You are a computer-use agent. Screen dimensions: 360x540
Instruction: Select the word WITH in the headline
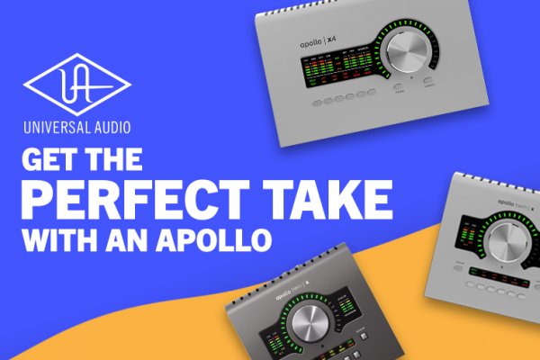[x=55, y=240]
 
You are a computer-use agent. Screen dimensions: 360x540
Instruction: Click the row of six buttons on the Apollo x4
[x=338, y=96]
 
